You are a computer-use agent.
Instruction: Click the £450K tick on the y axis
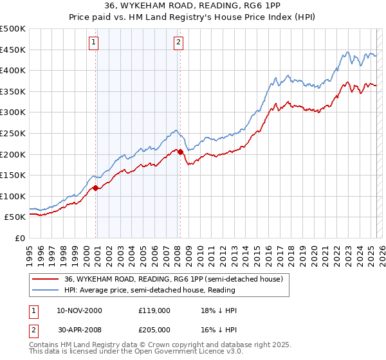(x=13, y=50)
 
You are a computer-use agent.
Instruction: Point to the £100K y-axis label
(x=13, y=196)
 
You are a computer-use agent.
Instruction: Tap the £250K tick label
(x=13, y=133)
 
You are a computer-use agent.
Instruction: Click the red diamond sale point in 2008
(x=180, y=152)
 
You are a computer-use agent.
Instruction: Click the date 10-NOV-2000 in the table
(x=79, y=310)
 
